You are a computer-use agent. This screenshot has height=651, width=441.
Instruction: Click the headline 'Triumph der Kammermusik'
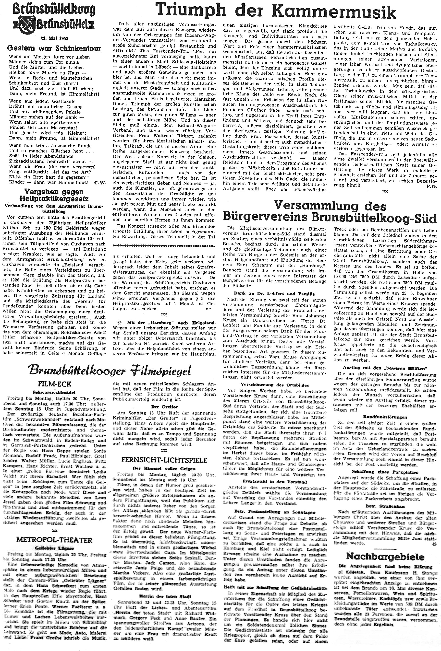coord(276,13)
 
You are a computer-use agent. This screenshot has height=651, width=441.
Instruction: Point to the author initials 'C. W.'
coord(99,182)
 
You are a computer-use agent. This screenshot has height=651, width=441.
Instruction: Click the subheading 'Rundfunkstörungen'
coord(385,416)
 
